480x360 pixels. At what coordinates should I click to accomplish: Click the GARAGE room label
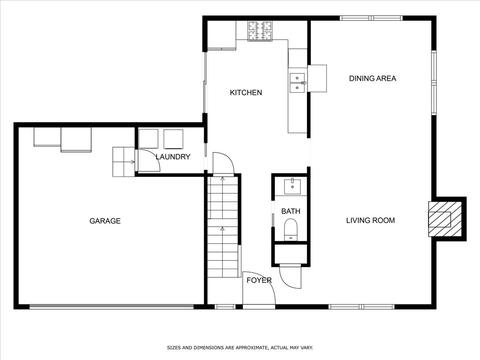coord(105,221)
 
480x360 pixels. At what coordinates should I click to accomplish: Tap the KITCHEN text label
coord(246,92)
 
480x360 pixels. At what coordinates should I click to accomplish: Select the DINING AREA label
coord(372,78)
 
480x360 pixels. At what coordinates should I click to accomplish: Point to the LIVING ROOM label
coord(370,220)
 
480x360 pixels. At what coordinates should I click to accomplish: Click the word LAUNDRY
coord(173,157)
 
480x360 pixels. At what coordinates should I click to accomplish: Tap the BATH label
coord(291,211)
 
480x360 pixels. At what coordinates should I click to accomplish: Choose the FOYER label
coord(259,280)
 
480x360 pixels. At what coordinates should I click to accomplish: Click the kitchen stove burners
coord(260,31)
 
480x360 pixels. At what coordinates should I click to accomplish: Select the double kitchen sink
coord(297,83)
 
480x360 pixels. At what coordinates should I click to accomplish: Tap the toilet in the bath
coord(292,229)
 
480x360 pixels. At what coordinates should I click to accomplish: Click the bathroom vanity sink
coord(292,187)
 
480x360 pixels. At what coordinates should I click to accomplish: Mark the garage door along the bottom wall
coord(112,307)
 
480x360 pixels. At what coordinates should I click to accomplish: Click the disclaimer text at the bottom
coord(240,348)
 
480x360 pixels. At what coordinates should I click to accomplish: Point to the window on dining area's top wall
coord(371,18)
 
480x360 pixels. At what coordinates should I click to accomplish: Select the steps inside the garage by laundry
coord(124,162)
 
